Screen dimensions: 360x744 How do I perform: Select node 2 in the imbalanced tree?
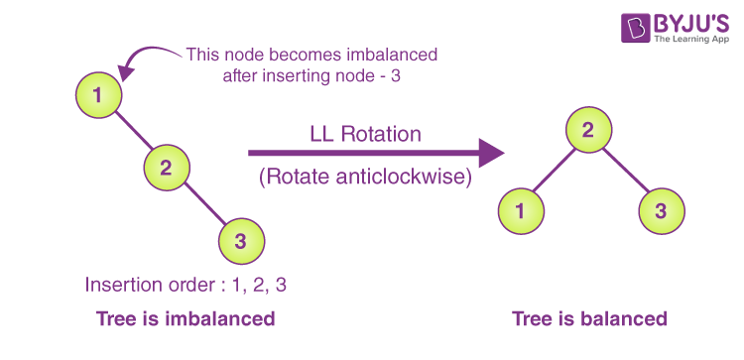tap(167, 166)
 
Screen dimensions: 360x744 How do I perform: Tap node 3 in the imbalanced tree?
tap(239, 239)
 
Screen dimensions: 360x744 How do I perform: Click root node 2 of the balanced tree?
tap(587, 129)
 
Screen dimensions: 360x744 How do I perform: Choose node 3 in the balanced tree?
tap(659, 210)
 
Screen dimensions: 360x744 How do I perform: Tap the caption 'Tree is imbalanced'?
tap(186, 319)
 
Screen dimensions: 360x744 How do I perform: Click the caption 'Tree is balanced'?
tap(589, 319)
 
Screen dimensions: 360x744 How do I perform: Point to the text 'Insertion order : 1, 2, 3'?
tap(186, 285)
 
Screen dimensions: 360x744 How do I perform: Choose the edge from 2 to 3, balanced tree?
tap(625, 173)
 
